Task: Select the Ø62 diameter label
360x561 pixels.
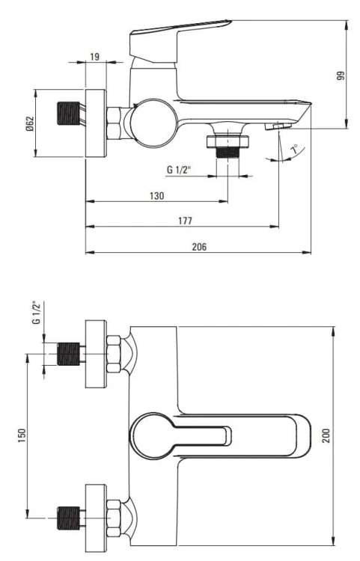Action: click(29, 123)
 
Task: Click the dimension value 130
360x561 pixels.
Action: click(157, 195)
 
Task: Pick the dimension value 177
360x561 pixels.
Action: click(185, 220)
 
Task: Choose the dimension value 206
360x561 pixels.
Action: click(198, 246)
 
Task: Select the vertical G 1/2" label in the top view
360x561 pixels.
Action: click(36, 313)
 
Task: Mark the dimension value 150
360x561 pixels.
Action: click(22, 433)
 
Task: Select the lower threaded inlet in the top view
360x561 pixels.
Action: click(69, 515)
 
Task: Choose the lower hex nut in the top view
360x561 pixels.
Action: click(114, 515)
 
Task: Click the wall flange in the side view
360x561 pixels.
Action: click(97, 123)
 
